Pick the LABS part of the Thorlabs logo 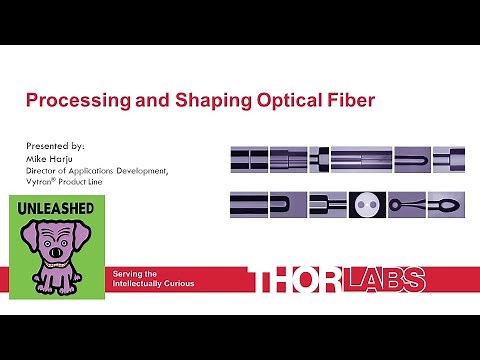click(386, 281)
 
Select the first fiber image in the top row click(249, 158)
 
